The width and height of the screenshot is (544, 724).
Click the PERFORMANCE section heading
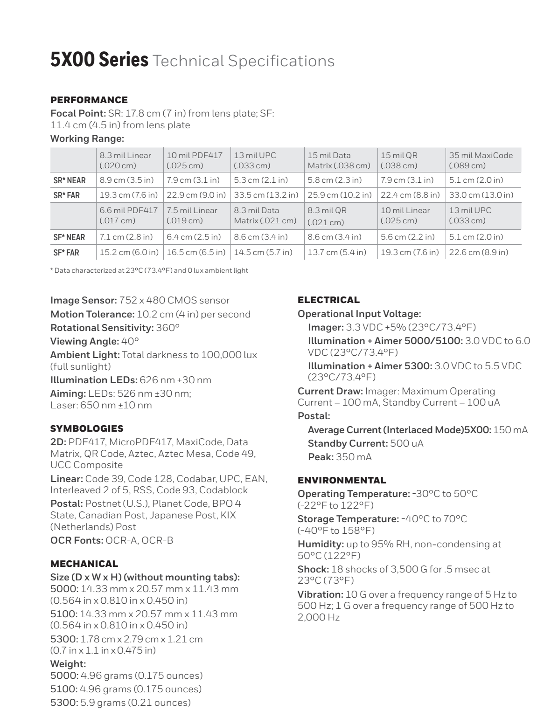(x=89, y=100)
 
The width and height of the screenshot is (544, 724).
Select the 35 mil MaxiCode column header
(x=481, y=160)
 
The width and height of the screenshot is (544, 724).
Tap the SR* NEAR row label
(x=70, y=180)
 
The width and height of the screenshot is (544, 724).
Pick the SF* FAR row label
(x=66, y=253)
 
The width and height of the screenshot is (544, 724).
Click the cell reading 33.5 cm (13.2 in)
(x=266, y=195)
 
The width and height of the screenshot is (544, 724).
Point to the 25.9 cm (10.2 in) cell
(x=340, y=195)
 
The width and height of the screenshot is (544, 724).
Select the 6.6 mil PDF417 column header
(x=129, y=215)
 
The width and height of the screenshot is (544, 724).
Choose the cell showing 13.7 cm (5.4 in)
(x=337, y=253)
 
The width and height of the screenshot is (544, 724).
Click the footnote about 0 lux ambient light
(x=149, y=271)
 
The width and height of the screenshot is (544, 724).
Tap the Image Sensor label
(x=84, y=301)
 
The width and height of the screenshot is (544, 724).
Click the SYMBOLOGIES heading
(x=87, y=428)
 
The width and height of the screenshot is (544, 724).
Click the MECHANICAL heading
(x=84, y=564)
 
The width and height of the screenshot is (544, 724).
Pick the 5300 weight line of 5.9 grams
(x=120, y=703)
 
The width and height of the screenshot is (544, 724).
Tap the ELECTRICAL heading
(x=329, y=300)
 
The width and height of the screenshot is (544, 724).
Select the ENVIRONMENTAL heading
(x=342, y=480)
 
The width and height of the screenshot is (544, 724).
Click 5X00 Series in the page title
(x=99, y=61)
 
